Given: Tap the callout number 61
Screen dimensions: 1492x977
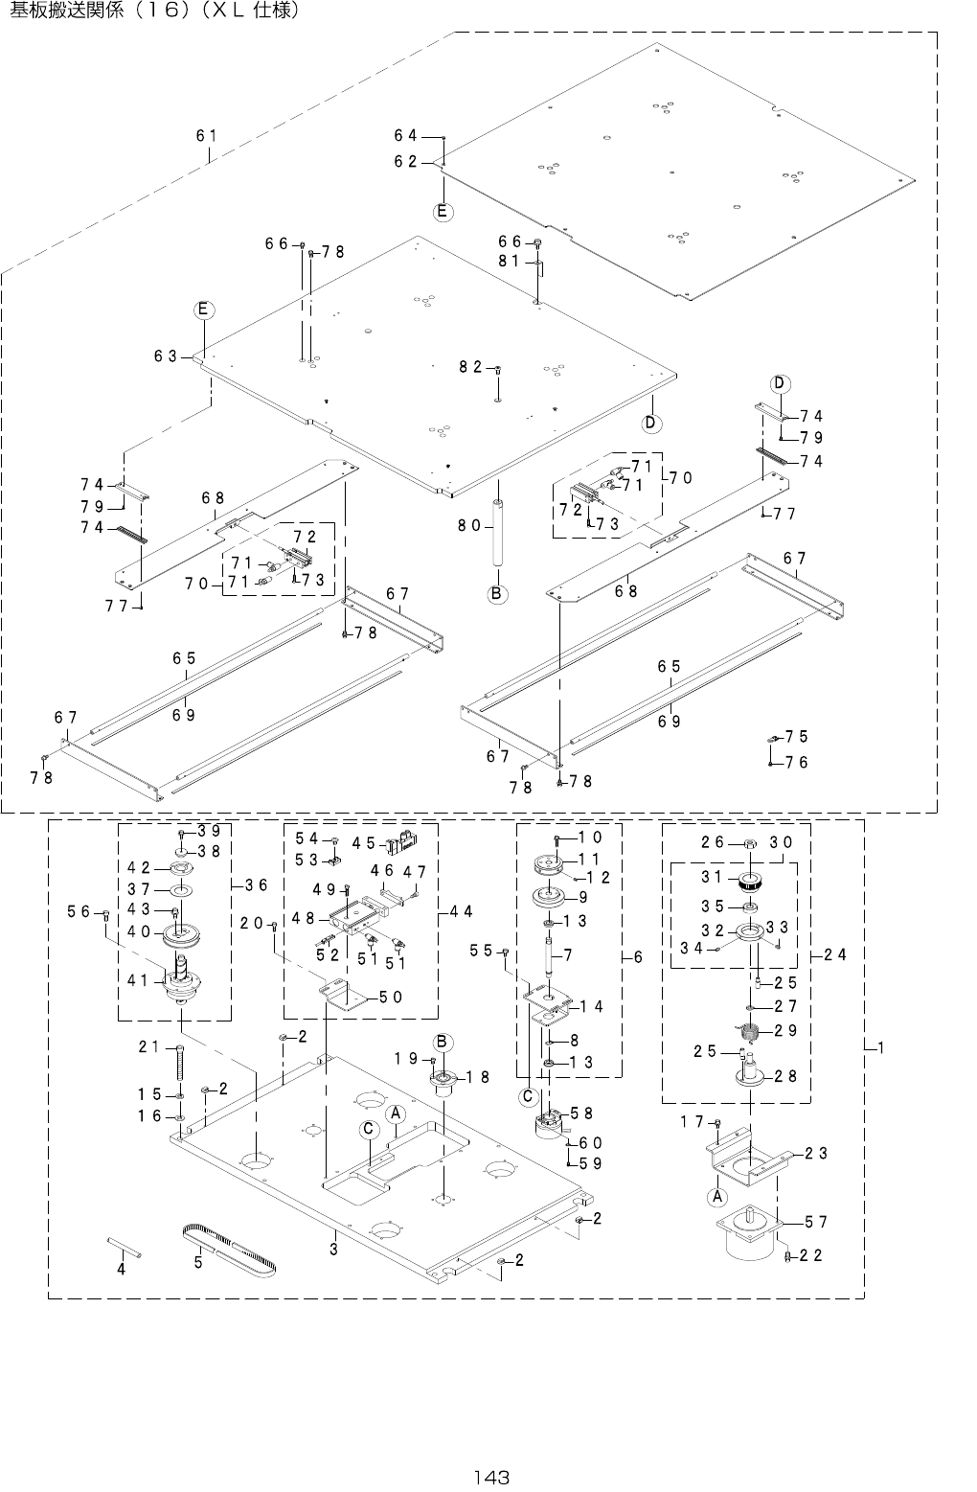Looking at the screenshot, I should point(206,136).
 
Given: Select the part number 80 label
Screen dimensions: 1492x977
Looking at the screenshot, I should point(470,524).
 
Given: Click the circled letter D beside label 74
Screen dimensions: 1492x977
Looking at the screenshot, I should point(780,383).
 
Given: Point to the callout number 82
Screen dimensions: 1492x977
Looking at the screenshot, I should point(470,366).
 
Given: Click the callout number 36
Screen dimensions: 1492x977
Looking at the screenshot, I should point(256,884).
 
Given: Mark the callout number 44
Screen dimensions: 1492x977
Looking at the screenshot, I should point(461,911).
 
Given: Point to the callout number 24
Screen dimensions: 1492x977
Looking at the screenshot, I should point(835,953).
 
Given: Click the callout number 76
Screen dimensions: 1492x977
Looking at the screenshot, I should point(797,762).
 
